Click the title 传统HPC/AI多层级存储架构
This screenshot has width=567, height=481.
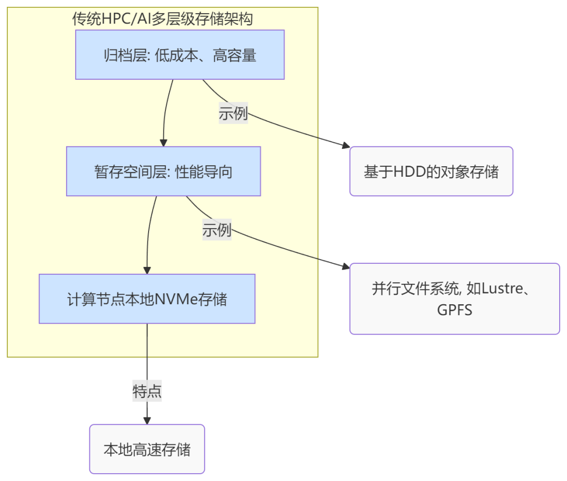tap(162, 19)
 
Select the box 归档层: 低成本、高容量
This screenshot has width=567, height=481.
tap(180, 55)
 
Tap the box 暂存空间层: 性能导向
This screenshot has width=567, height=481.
tap(163, 172)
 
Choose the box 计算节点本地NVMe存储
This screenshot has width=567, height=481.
tap(147, 299)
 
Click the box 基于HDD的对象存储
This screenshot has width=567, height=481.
tap(431, 172)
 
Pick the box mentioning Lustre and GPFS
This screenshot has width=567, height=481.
tap(454, 299)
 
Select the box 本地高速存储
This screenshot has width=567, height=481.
tap(147, 449)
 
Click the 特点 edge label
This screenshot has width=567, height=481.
tap(147, 391)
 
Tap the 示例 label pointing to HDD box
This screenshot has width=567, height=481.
tap(233, 113)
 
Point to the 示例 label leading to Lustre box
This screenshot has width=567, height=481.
tap(217, 230)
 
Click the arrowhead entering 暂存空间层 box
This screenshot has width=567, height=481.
tap(163, 143)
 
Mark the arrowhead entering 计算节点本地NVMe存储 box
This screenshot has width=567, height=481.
tap(147, 270)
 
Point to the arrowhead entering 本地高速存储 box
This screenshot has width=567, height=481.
tap(147, 420)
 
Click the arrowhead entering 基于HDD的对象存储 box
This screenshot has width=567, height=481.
tap(345, 147)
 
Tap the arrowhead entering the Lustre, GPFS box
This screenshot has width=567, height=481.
tap(345, 268)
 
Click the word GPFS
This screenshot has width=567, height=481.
tap(455, 310)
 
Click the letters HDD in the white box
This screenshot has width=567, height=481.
tap(408, 172)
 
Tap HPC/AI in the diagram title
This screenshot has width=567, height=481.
tap(127, 19)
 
